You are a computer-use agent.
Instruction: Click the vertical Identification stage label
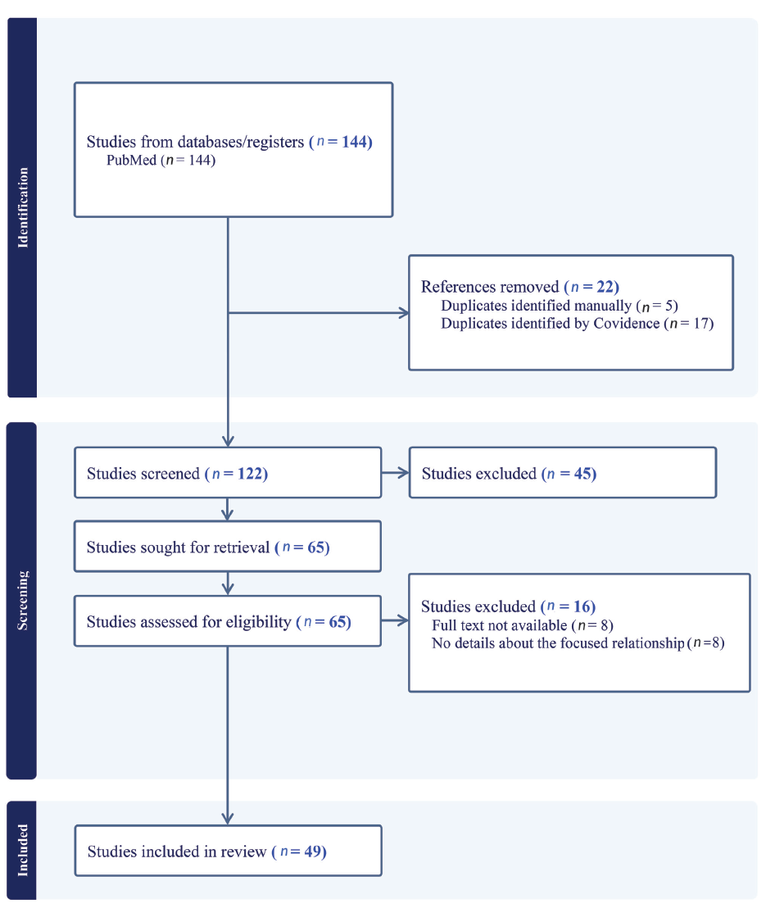pos(23,207)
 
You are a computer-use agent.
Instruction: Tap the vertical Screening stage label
pos(22,601)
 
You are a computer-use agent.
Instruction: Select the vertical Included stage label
pos(22,850)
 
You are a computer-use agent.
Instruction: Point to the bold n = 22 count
pos(591,287)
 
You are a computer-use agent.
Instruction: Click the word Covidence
pos(627,324)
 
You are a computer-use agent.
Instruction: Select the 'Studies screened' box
pos(228,473)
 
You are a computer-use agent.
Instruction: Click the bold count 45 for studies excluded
pos(585,474)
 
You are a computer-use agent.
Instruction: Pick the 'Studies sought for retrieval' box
pos(228,547)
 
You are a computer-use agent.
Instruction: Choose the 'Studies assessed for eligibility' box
pos(228,621)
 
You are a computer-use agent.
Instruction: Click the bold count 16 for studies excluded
pos(584,606)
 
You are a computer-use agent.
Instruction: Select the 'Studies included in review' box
pos(228,851)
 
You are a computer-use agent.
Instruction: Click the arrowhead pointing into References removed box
pos(405,313)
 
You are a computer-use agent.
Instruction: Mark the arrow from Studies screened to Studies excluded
pos(396,473)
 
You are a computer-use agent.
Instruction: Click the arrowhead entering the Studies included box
pos(228,819)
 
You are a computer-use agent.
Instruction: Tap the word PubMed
pos(132,160)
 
